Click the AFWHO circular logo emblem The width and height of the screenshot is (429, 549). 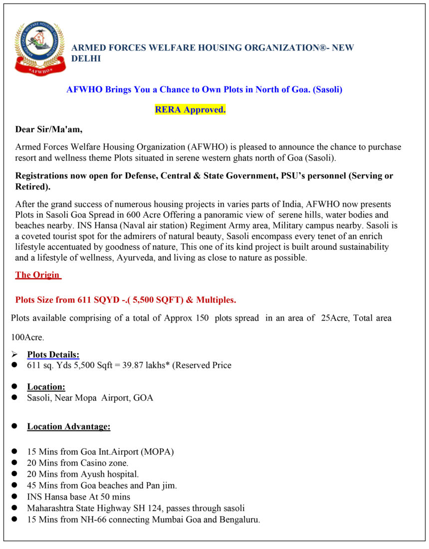[x=39, y=47]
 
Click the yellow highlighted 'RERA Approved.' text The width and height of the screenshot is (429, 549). [x=190, y=110]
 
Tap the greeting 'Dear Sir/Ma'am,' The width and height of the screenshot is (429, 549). [x=49, y=130]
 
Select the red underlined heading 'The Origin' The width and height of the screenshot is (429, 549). [x=38, y=275]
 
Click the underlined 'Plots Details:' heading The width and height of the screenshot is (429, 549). [x=53, y=355]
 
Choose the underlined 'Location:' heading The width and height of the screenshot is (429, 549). [x=46, y=386]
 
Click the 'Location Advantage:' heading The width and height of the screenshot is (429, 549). [x=69, y=426]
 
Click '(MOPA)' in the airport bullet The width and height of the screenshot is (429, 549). [x=157, y=452]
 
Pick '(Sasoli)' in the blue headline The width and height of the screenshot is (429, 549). [x=327, y=90]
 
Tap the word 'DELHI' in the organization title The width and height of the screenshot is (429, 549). [x=86, y=58]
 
